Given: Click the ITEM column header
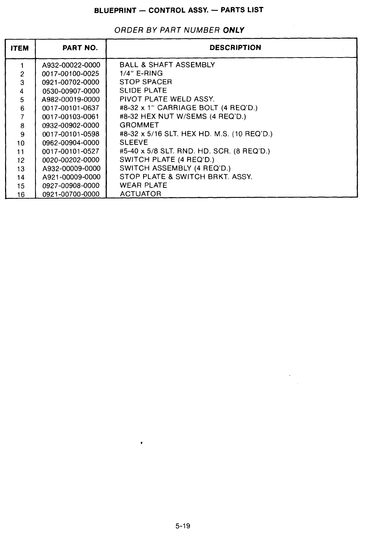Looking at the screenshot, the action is pos(20,48).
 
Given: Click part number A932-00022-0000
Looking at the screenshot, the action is pos(71,65).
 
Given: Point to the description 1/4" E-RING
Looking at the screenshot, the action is pos(141,73).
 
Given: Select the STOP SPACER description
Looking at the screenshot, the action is pos(146,82).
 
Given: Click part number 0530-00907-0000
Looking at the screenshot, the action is pos(71,91).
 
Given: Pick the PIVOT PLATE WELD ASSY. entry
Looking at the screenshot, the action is pos(167,99).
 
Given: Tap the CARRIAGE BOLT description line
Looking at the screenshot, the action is pos(188,108).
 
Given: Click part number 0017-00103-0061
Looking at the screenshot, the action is pos(71,117).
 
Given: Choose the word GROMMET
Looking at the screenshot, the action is pos(139,125).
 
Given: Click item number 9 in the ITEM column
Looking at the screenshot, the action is pos(22,134).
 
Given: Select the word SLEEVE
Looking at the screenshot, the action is pos(134,143).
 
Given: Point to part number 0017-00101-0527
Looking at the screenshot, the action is pos(71,151).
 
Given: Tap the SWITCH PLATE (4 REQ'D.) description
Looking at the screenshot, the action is pos(167,160).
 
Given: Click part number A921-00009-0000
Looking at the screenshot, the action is pos(71,177).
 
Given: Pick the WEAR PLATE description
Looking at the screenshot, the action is pos(143,185).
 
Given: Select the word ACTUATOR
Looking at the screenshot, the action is pos(140,194).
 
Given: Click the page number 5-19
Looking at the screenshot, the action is pos(183,526).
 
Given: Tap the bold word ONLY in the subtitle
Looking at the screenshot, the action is pos(234,30).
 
